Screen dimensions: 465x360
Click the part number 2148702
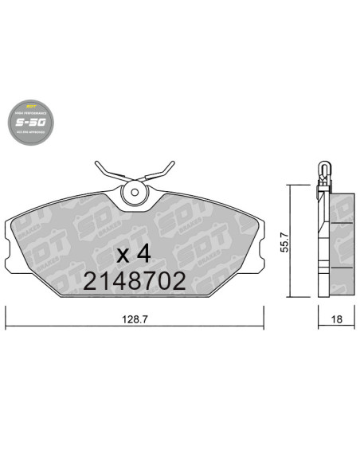click(135, 280)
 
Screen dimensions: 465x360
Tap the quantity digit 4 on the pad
click(143, 254)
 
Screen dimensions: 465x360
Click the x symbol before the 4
click(123, 256)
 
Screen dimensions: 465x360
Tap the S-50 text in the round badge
click(31, 125)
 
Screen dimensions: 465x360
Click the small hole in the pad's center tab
click(135, 191)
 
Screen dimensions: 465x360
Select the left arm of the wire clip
click(105, 170)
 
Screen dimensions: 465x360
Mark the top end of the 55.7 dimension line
click(290, 186)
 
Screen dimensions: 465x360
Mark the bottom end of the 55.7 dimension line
click(290, 298)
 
